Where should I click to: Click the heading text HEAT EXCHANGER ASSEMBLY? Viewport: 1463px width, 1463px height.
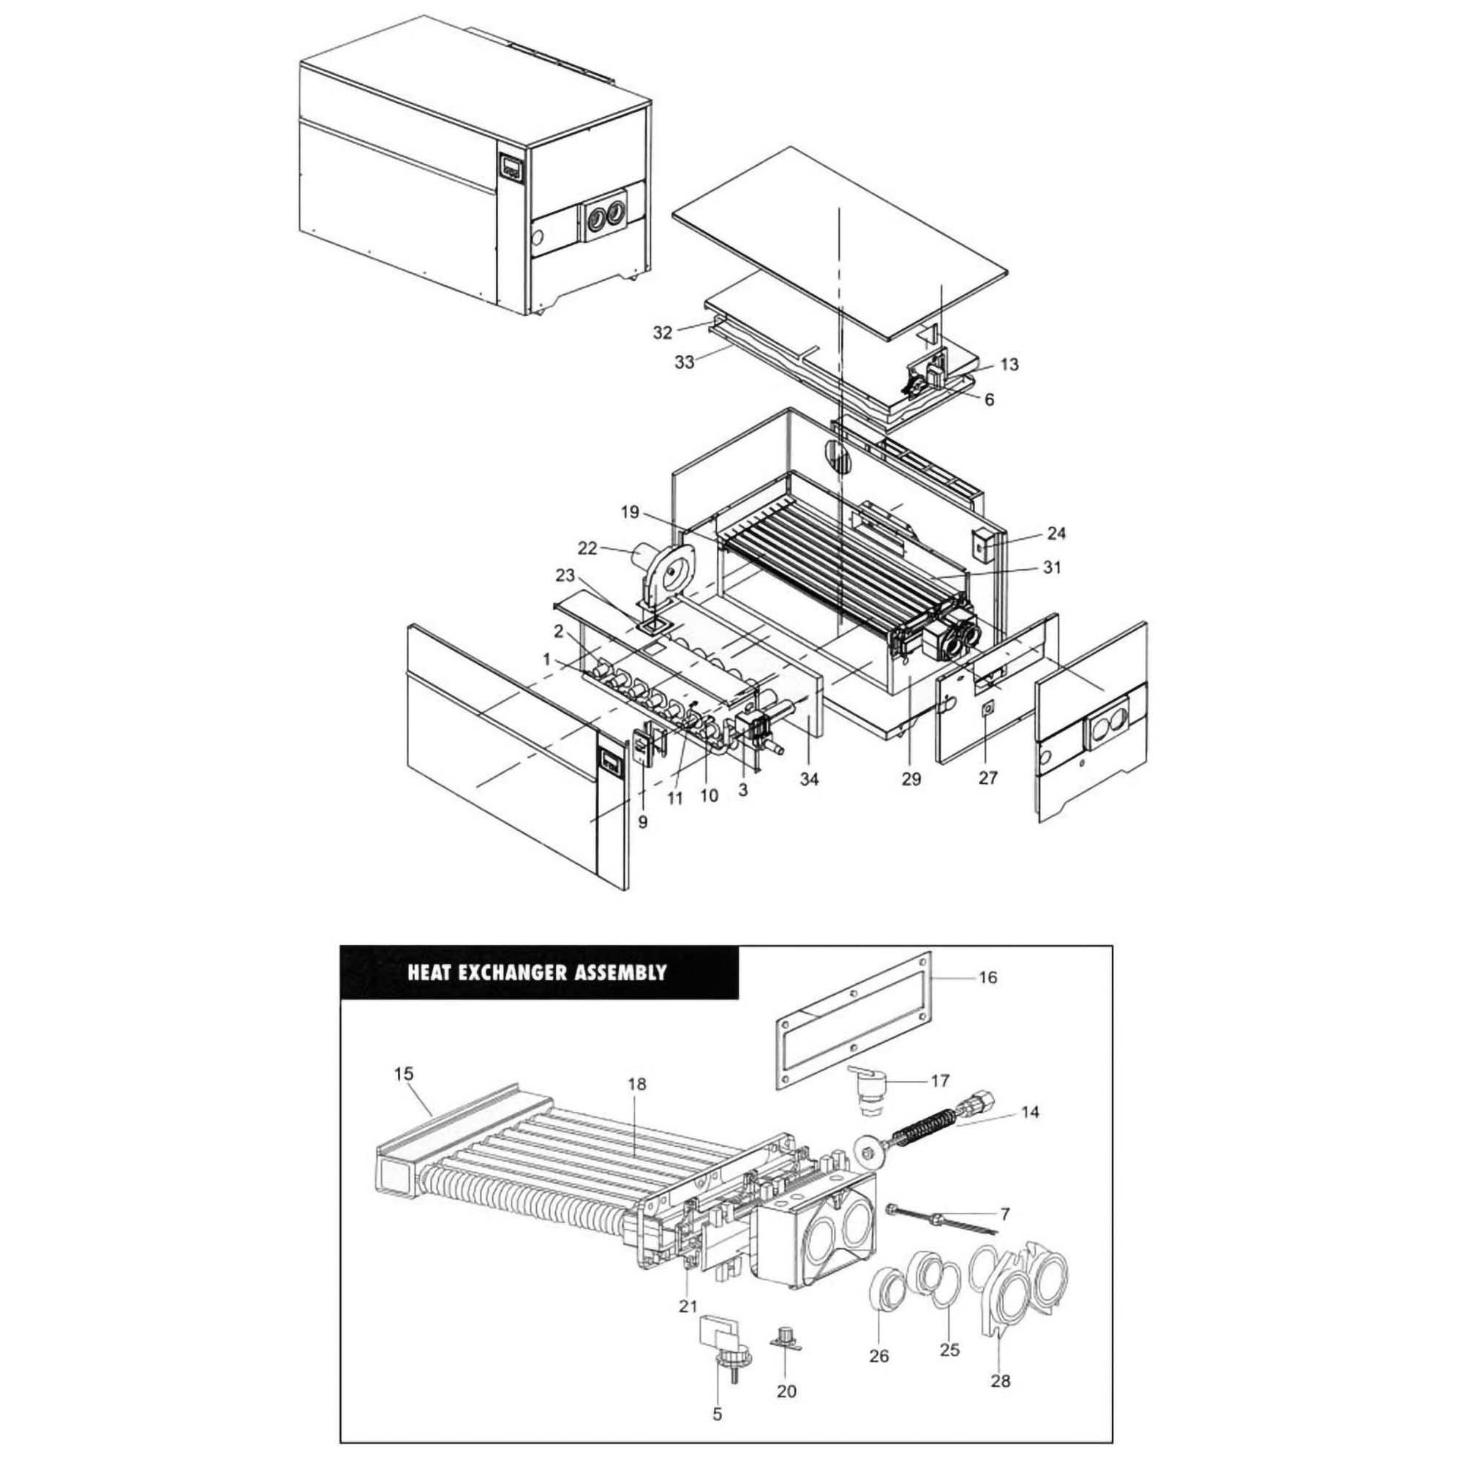(x=537, y=972)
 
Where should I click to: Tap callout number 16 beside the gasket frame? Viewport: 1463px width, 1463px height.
(x=988, y=977)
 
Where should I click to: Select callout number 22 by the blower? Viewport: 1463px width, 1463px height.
(x=587, y=547)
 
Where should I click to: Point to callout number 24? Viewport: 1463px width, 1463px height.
(x=1056, y=533)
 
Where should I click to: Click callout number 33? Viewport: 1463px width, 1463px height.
(x=684, y=363)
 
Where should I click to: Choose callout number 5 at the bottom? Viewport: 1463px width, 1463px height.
(x=717, y=1413)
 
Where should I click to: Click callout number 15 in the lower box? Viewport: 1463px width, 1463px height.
(x=404, y=1073)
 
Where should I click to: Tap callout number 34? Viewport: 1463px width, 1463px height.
(x=810, y=779)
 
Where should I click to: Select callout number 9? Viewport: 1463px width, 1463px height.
(x=642, y=821)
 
